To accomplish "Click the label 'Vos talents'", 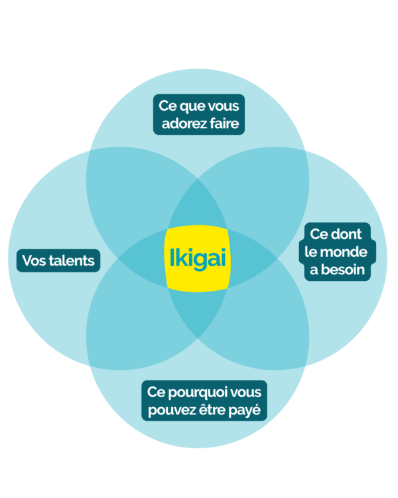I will click(58, 260).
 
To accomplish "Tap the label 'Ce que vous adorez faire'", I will click(199, 114).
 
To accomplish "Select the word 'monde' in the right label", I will click(346, 252).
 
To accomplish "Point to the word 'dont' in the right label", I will click(348, 234).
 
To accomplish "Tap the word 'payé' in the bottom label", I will click(250, 410).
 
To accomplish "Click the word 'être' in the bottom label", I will click(212, 410).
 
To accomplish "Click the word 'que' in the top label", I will click(193, 106).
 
